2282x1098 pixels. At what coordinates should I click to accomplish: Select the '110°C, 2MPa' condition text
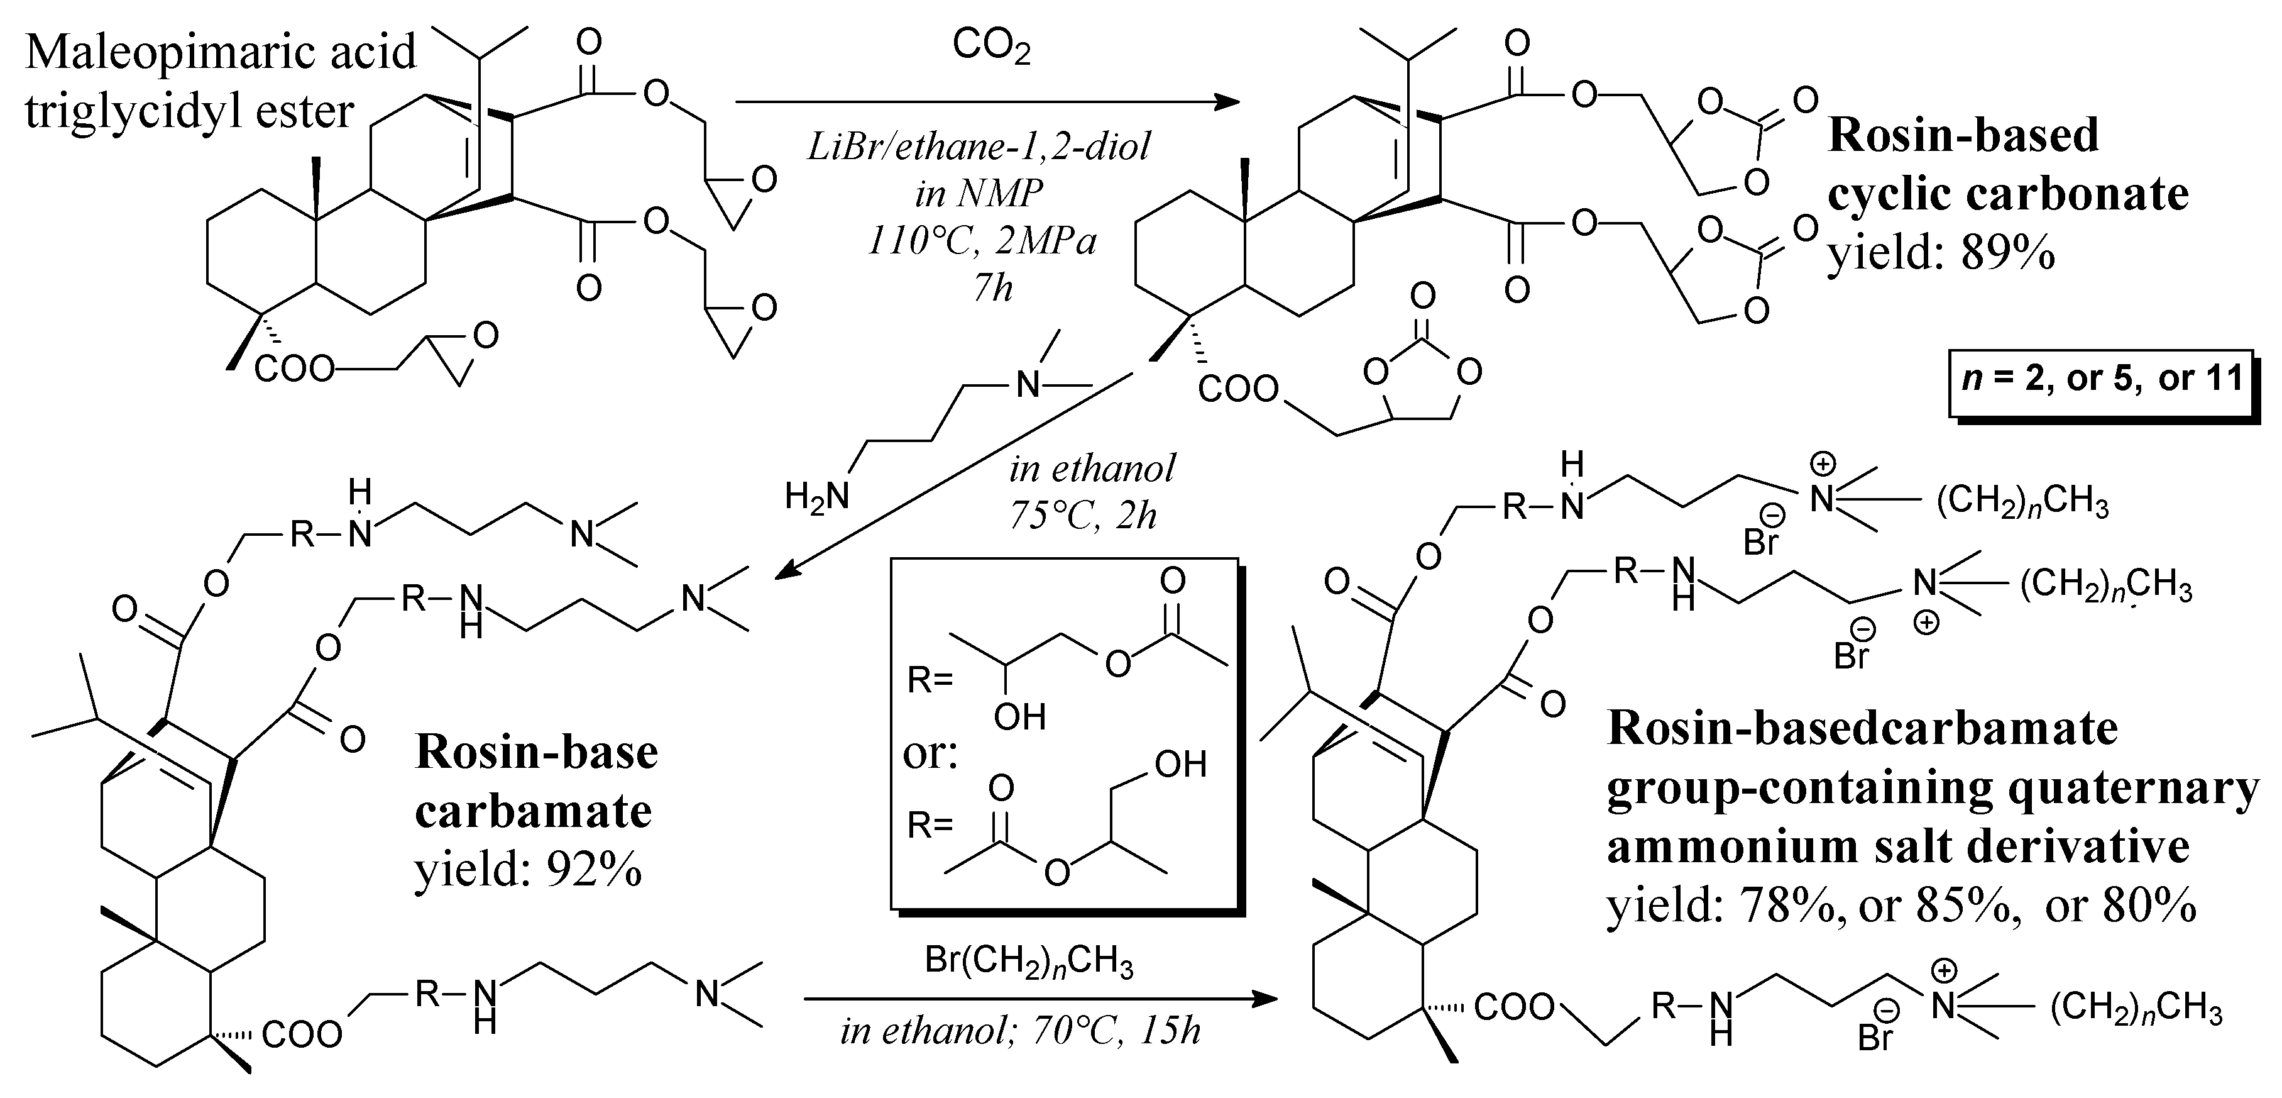coord(982,241)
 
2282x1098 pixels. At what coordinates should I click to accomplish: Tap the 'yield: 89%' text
coord(1941,254)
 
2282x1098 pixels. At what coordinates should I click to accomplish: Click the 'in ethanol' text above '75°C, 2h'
coord(1092,469)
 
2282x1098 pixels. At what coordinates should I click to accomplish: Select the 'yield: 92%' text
coord(528,869)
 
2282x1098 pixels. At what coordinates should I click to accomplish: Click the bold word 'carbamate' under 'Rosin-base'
coord(534,811)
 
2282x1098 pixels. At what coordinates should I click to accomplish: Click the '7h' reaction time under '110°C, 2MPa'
coord(992,288)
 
